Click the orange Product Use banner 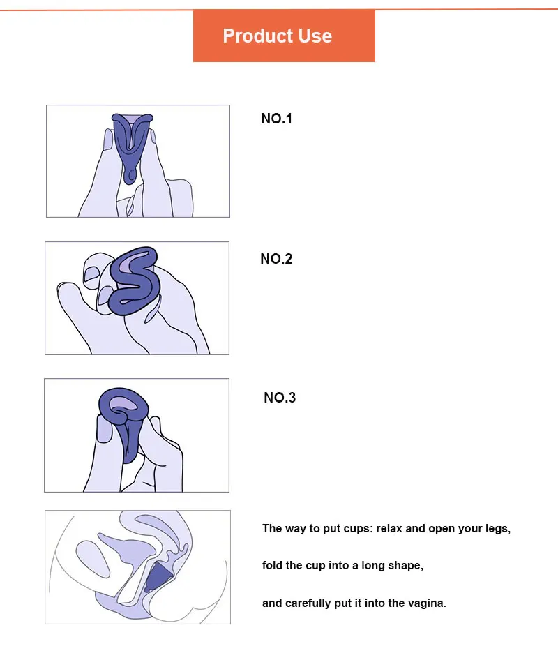click(284, 36)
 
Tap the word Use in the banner click(315, 36)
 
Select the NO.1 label click(276, 119)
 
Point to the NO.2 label click(276, 259)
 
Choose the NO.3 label click(280, 398)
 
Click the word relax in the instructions click(390, 528)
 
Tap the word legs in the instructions click(498, 528)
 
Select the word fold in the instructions click(273, 565)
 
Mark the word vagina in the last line click(427, 603)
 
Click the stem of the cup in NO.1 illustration click(130, 172)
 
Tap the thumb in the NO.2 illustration click(73, 297)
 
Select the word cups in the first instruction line click(356, 528)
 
